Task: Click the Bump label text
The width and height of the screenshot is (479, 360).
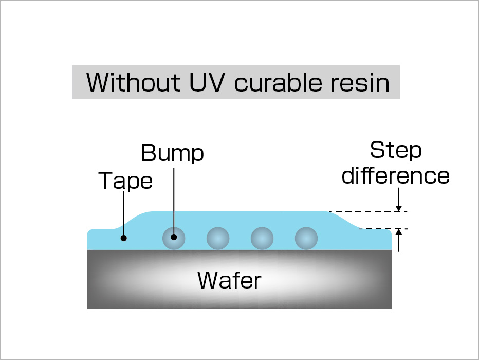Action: [x=172, y=153]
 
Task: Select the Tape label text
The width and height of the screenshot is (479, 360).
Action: [x=125, y=181]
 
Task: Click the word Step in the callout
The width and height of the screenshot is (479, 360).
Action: [x=396, y=151]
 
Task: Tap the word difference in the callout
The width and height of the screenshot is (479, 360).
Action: [x=396, y=175]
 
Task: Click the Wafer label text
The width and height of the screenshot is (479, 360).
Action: [x=229, y=280]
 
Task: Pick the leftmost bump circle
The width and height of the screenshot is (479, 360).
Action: [x=174, y=238]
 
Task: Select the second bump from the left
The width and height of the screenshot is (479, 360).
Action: [x=218, y=238]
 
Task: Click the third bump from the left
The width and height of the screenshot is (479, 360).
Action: [x=262, y=238]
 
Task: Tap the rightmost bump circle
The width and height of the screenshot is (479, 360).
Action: [x=306, y=238]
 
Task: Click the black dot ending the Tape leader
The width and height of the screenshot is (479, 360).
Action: [x=123, y=238]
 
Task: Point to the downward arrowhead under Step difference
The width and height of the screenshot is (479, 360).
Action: [x=398, y=208]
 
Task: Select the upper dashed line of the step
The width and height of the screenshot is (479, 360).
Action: [x=367, y=211]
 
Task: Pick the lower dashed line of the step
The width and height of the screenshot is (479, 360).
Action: [x=383, y=229]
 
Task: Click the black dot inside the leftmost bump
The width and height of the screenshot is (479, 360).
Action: [x=174, y=237]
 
